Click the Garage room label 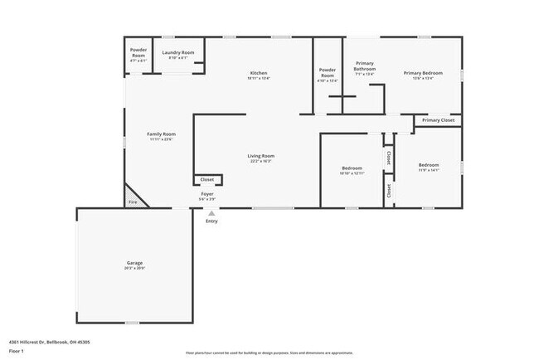point(135,265)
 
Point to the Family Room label point(162,136)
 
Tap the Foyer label point(207,196)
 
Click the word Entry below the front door point(211,221)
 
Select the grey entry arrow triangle point(211,212)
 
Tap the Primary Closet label point(438,121)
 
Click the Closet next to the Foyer point(207,179)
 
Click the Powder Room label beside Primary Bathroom point(328,75)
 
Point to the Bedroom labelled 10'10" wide point(352,170)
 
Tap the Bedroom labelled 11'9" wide point(429,167)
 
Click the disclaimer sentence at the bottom point(269,353)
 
